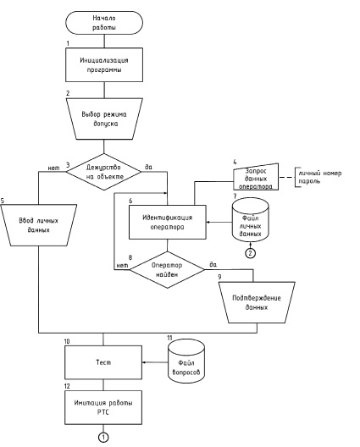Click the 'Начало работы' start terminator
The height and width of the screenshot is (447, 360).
click(104, 23)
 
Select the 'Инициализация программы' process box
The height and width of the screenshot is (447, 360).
click(104, 64)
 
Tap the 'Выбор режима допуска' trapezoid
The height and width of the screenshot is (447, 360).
click(104, 119)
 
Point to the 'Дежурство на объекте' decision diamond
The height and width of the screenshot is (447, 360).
click(104, 172)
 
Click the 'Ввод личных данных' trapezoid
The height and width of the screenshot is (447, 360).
click(38, 225)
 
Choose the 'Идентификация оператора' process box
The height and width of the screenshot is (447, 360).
click(168, 222)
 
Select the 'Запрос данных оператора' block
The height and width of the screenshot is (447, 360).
click(256, 177)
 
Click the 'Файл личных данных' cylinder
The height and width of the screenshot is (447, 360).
click(251, 220)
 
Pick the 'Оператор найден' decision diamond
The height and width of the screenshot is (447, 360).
click(167, 270)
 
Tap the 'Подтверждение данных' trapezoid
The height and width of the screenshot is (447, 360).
click(257, 302)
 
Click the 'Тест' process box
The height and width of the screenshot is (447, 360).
click(103, 362)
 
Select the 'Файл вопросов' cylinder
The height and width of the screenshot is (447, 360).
click(186, 361)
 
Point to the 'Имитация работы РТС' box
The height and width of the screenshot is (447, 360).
click(103, 407)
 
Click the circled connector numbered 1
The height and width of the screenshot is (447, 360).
click(103, 438)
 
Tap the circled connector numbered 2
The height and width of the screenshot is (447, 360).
click(250, 253)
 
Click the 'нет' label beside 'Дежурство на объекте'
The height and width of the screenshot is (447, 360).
click(53, 168)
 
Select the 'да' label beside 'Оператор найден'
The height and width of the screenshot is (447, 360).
click(213, 264)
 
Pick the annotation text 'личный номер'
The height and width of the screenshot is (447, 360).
click(320, 174)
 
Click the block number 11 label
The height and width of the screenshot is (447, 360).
click(169, 338)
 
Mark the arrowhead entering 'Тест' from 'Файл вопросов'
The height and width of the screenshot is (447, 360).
click(144, 362)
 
